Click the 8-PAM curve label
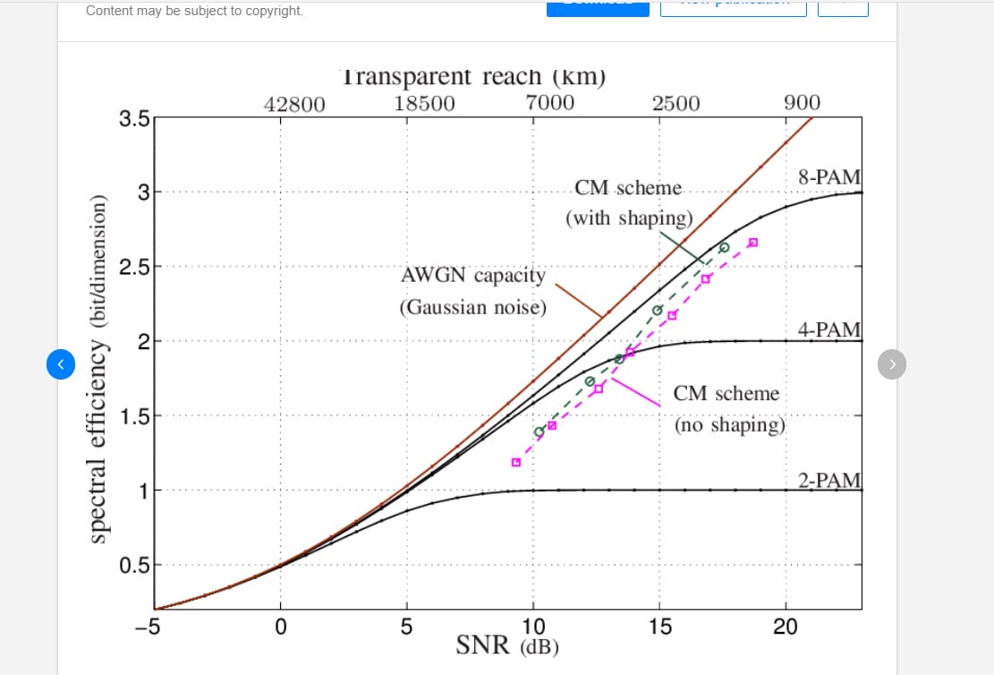pyautogui.click(x=829, y=176)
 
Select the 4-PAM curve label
pyautogui.click(x=829, y=329)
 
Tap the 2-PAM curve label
pyautogui.click(x=829, y=480)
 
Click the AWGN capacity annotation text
pyautogui.click(x=472, y=276)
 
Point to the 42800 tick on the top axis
pyautogui.click(x=294, y=104)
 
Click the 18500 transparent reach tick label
pyautogui.click(x=424, y=103)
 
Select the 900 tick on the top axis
pyautogui.click(x=802, y=103)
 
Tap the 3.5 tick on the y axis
pyautogui.click(x=134, y=118)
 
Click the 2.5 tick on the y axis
pyautogui.click(x=134, y=267)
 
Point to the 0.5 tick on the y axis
pyautogui.click(x=134, y=565)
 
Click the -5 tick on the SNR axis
pyautogui.click(x=147, y=627)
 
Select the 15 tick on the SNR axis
pyautogui.click(x=659, y=627)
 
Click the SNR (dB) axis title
pyautogui.click(x=507, y=645)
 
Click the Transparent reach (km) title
pyautogui.click(x=473, y=78)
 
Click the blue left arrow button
pyautogui.click(x=61, y=364)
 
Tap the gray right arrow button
pyautogui.click(x=892, y=363)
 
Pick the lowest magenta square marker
pyautogui.click(x=516, y=462)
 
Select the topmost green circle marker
pyautogui.click(x=725, y=247)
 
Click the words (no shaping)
pyautogui.click(x=729, y=425)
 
